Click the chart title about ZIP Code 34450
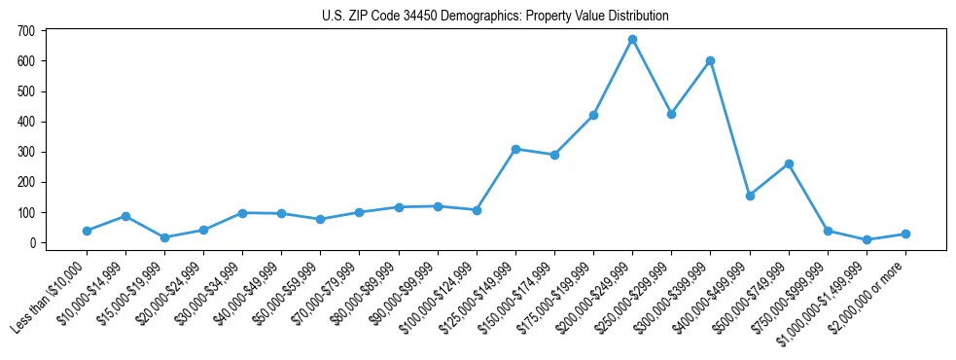click(x=495, y=17)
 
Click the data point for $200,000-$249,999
click(x=632, y=40)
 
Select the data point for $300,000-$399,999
click(x=711, y=60)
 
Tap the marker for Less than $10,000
click(x=87, y=231)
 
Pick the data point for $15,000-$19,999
click(x=164, y=237)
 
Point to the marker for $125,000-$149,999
click(x=515, y=149)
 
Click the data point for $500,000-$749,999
click(x=789, y=163)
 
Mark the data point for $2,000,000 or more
click(x=905, y=234)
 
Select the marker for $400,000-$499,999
click(x=750, y=196)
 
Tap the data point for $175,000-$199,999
click(x=593, y=115)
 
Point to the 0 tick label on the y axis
click(x=32, y=242)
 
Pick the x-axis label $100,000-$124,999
click(x=438, y=295)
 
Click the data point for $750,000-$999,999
click(x=828, y=231)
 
